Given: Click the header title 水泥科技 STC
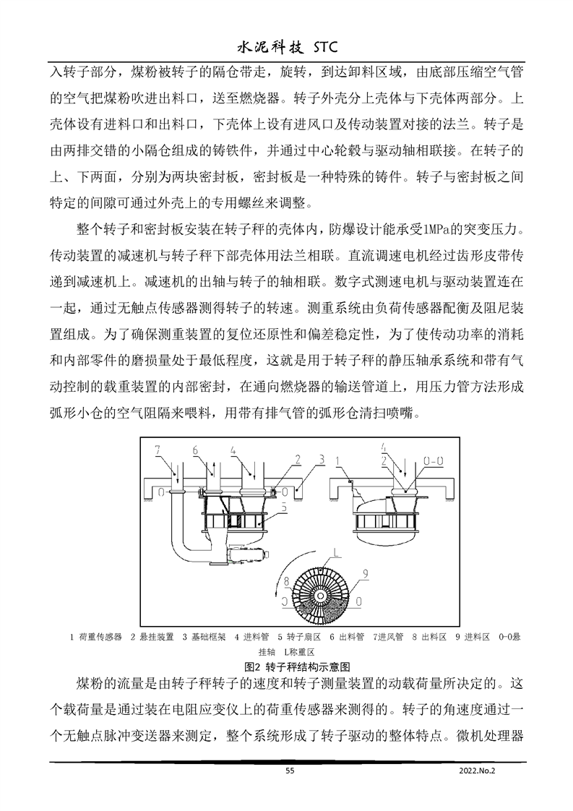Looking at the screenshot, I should (x=287, y=48).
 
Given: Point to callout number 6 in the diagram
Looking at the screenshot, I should (x=195, y=451).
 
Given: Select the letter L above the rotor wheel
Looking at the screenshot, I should (x=336, y=552).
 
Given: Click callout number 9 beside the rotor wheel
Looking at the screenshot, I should (x=366, y=573).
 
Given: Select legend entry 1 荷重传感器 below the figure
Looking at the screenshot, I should (x=95, y=638).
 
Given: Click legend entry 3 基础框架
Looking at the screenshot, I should (x=204, y=638).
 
